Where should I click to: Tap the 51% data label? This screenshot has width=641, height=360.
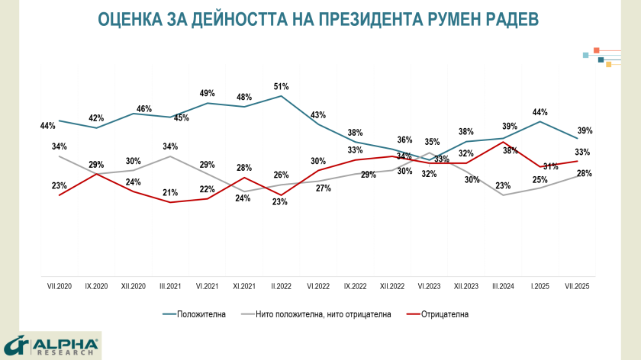281,86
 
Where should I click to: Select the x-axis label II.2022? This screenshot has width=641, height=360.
281,286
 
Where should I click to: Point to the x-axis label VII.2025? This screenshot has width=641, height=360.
577,286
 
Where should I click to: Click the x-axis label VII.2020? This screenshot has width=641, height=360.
59,286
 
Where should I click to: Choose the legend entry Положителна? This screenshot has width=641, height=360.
201,313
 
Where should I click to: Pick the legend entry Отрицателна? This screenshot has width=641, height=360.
442,313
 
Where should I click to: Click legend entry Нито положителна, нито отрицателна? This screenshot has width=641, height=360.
320,313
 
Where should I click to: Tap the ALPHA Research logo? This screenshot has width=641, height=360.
50,346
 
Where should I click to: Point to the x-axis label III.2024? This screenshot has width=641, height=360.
503,286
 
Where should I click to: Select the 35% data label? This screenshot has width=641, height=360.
432,142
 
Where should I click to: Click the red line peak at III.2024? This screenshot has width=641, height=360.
503,142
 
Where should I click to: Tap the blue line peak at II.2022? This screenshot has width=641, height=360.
282,96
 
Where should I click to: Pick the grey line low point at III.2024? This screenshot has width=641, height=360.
503,195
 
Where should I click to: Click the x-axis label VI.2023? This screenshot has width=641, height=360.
429,286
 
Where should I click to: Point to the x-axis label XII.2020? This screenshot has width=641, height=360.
133,286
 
